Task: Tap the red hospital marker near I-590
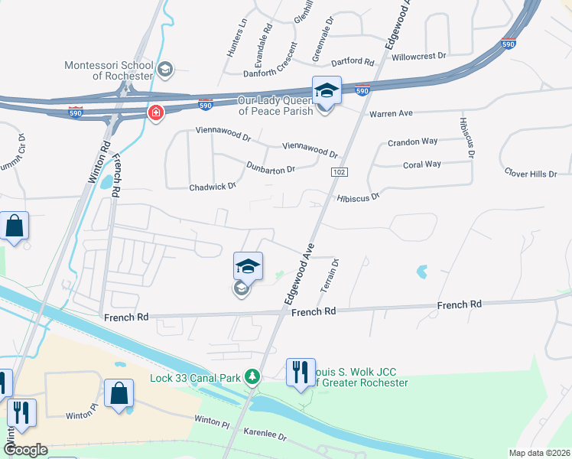tap(156, 114)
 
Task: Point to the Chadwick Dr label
tap(213, 186)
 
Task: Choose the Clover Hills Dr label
tap(531, 174)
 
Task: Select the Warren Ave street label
tap(391, 113)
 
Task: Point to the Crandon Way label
tap(412, 142)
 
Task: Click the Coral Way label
tap(422, 164)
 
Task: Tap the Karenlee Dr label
tap(265, 435)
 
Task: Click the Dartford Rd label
tap(352, 61)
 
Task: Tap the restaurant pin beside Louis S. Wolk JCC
tap(300, 373)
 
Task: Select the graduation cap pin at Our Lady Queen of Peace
tap(327, 91)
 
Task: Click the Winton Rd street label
tap(99, 163)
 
